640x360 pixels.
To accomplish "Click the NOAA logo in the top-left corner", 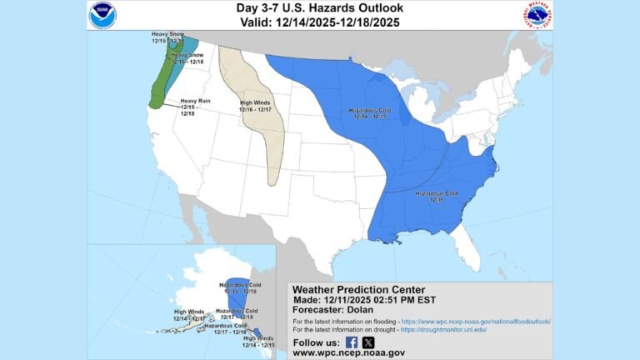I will [x=103, y=14].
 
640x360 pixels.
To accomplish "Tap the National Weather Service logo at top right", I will [x=536, y=14].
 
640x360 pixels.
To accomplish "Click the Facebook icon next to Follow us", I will [x=352, y=342].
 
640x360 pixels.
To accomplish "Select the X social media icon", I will [x=368, y=342].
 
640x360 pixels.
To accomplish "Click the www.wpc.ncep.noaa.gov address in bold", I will [x=348, y=353].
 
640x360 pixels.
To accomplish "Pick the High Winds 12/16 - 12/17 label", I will [x=256, y=106].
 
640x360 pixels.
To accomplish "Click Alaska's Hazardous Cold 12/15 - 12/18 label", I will [x=239, y=288].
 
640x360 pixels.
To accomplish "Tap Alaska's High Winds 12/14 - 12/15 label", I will [x=259, y=342].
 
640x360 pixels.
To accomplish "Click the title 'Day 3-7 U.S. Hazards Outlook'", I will [x=319, y=9].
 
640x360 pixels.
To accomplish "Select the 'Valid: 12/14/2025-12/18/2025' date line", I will [x=319, y=22].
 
